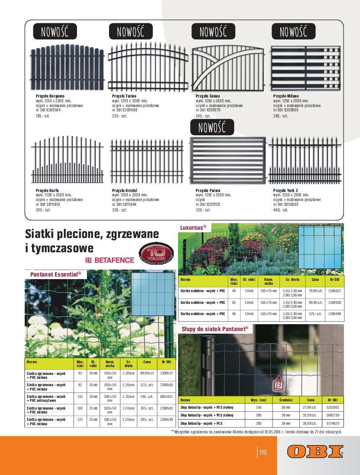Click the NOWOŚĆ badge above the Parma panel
[212, 127]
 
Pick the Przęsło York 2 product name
[285, 190]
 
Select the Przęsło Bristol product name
[124, 190]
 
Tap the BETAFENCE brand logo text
[110, 260]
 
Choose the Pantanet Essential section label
[56, 274]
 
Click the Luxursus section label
[193, 227]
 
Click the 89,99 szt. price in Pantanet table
[147, 373]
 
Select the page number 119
[263, 453]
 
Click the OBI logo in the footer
[315, 452]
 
